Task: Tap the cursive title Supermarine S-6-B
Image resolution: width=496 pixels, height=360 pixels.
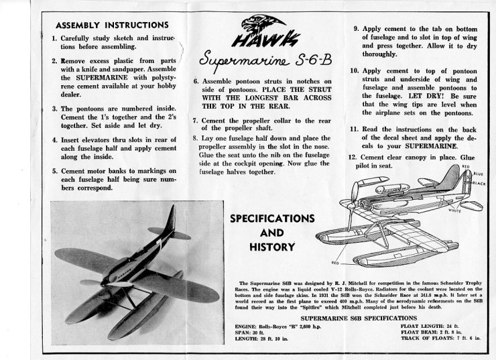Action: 254,65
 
